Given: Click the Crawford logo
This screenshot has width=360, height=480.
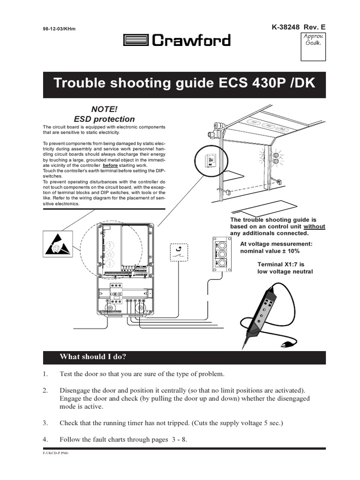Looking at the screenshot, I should [x=177, y=41].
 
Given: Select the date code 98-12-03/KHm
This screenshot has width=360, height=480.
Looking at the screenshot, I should [x=59, y=29].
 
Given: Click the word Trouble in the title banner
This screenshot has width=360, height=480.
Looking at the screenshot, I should [x=78, y=84].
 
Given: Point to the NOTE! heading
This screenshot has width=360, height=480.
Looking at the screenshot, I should [x=104, y=109].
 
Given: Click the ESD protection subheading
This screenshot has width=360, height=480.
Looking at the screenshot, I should [x=104, y=119].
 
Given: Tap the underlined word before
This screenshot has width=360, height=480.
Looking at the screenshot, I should [x=110, y=166].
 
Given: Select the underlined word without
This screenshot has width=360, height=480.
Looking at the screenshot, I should [x=315, y=226].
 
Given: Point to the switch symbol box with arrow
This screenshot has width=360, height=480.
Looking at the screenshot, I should [x=179, y=254].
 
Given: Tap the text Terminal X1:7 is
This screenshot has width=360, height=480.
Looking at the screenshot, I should [x=281, y=264].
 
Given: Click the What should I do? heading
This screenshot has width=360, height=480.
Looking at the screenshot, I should [x=93, y=357].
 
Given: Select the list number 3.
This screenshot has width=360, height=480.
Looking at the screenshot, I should [x=45, y=423].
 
